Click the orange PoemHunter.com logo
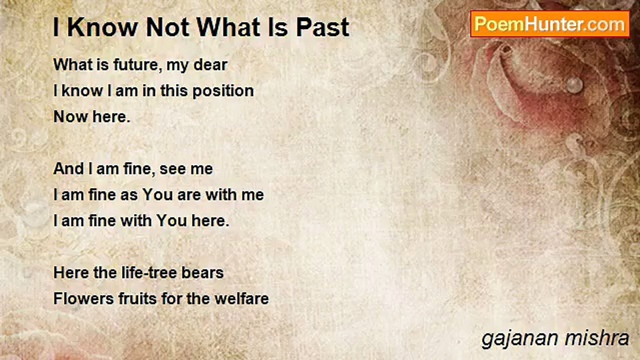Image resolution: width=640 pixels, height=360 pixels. click(x=550, y=24)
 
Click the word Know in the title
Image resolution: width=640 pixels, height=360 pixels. click(x=103, y=27)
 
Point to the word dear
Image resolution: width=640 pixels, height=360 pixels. click(x=210, y=64)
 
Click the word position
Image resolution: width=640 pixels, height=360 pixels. click(x=223, y=91)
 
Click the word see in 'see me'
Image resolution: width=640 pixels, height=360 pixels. click(x=171, y=169)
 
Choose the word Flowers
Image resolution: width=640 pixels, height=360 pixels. click(x=83, y=299)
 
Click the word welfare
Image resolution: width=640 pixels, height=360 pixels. click(x=241, y=299)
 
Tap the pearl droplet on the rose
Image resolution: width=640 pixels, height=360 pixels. click(x=574, y=85)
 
